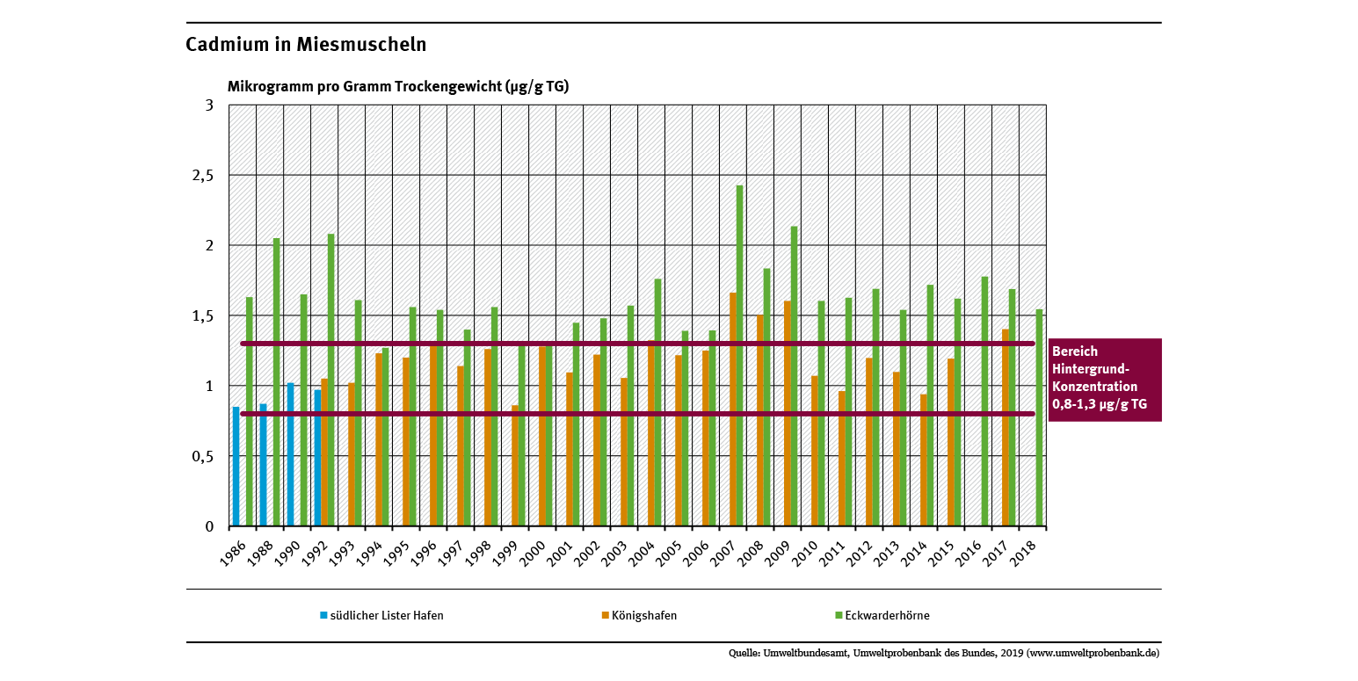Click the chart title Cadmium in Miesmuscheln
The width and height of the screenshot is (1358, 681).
306,45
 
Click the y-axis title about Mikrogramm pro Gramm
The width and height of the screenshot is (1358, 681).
398,86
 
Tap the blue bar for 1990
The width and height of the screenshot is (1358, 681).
291,454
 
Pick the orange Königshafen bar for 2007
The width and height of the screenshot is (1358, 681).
733,409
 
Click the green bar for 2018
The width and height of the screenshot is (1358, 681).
1039,417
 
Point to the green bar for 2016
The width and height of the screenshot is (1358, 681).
984,402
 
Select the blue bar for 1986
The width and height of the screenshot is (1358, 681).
236,467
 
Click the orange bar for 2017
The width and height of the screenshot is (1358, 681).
1006,428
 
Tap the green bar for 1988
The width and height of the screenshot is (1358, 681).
276,382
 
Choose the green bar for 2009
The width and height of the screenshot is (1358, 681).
794,376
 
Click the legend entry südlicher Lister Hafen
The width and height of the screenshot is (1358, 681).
386,616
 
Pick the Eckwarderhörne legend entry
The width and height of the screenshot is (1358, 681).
886,616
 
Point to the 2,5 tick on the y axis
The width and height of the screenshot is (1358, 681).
203,176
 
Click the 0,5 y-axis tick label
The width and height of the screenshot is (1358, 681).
203,456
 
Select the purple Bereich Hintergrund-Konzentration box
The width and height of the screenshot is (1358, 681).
1104,380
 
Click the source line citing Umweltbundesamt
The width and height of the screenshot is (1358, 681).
944,654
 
